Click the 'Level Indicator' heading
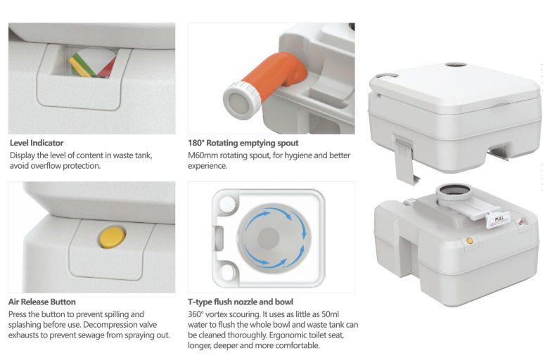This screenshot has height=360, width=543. (x=37, y=143)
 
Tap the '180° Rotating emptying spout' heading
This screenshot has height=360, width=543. (x=243, y=143)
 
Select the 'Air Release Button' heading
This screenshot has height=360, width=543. (x=42, y=302)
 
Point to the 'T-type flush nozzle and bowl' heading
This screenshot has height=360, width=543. (x=241, y=302)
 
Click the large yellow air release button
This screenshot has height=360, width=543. (x=113, y=237)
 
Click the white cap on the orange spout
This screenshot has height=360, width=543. (x=241, y=101)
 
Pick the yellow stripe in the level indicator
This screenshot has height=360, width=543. (x=80, y=67)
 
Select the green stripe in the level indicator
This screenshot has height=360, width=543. (x=84, y=65)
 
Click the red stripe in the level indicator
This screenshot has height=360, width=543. (x=108, y=68)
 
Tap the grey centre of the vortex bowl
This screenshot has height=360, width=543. (x=269, y=238)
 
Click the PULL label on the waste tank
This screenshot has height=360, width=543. (x=499, y=219)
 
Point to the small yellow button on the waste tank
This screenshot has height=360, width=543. (x=470, y=240)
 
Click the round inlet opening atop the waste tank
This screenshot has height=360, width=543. (x=454, y=191)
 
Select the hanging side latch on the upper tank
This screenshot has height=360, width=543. (x=405, y=159)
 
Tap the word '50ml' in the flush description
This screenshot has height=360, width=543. (x=331, y=314)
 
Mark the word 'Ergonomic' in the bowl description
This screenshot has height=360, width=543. (x=288, y=335)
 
